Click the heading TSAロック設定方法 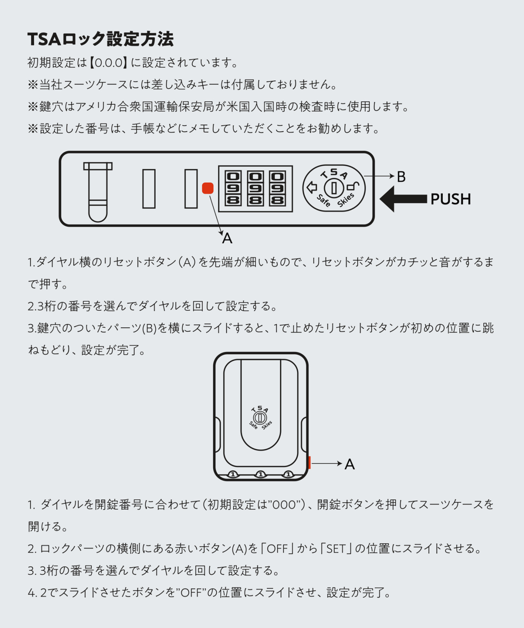[100, 39]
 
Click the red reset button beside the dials [208, 188]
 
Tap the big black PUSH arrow [403, 199]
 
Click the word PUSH [450, 199]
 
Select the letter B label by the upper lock [401, 177]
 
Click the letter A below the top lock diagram [227, 238]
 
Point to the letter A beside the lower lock [350, 464]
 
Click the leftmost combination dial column [233, 188]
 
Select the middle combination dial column [255, 188]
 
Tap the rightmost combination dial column [277, 188]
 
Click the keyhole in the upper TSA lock [334, 188]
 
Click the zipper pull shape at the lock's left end [98, 192]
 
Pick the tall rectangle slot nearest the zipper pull [149, 189]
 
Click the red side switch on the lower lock [309, 462]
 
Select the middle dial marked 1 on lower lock [260, 474]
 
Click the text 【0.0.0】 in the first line [108, 63]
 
